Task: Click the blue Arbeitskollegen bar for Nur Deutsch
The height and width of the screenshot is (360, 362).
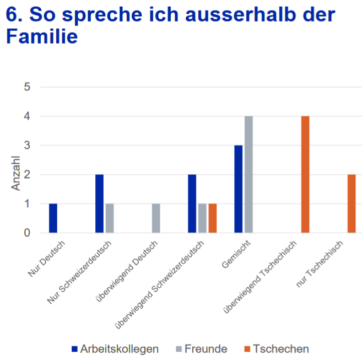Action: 53,218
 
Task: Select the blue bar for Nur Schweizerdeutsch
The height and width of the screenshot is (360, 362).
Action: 99,203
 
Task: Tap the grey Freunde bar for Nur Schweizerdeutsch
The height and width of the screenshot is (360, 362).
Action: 110,218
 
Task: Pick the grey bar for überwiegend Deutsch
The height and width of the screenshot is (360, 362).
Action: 156,218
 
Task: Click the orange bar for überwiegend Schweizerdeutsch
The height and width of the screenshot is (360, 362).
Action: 213,218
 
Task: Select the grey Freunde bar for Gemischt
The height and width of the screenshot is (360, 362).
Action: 248,175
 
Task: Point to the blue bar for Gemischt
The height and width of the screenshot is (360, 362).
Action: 238,189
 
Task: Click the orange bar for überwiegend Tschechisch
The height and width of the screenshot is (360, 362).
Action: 305,175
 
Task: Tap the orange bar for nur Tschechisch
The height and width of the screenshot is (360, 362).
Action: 352,203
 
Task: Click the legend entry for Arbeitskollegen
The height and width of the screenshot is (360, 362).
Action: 115,349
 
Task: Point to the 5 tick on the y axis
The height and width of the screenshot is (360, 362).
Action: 27,87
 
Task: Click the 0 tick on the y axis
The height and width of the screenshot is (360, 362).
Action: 27,233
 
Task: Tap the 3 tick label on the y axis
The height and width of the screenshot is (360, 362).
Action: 27,146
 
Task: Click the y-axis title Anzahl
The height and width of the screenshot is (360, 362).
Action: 16,175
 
